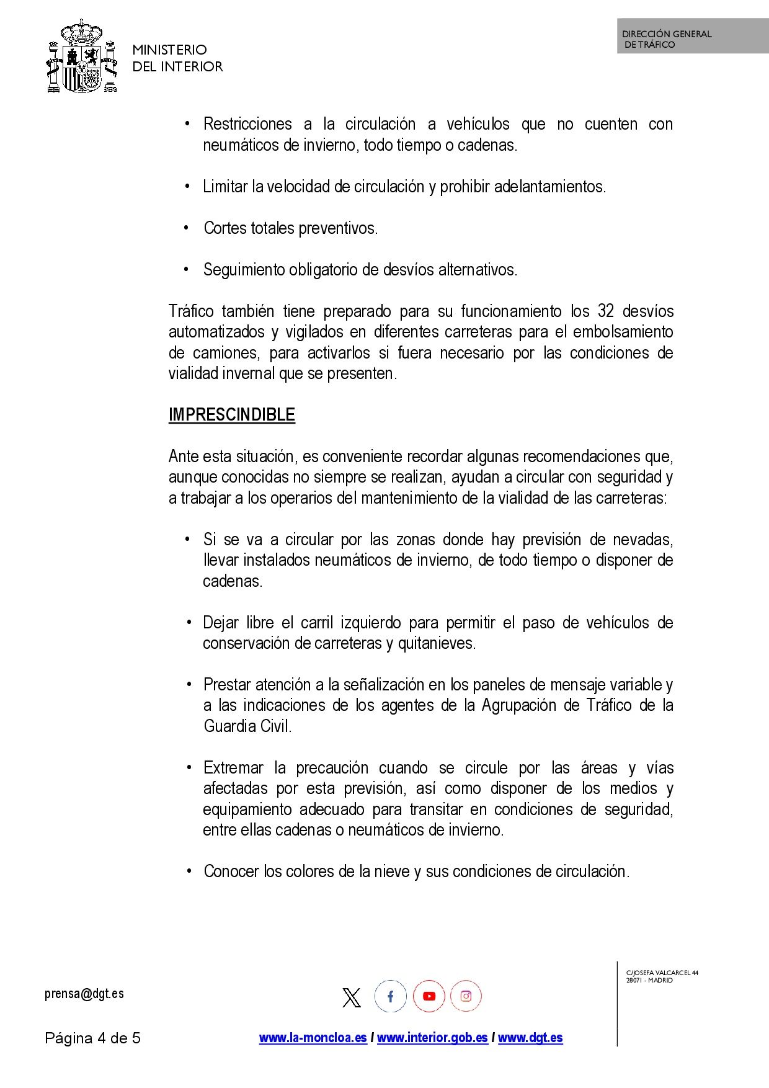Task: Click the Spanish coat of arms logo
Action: click(82, 57)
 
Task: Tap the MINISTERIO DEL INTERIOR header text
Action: click(177, 58)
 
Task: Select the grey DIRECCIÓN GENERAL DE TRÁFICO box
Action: click(692, 37)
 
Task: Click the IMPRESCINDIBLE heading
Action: click(231, 415)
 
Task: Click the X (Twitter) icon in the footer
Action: click(352, 997)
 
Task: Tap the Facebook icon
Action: click(390, 997)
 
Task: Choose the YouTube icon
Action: click(429, 997)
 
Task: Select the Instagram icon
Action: click(466, 997)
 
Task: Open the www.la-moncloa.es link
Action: click(313, 1038)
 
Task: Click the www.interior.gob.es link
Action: click(432, 1038)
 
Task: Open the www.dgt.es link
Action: click(530, 1038)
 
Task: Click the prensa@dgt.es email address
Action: click(84, 994)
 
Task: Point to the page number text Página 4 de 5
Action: click(93, 1038)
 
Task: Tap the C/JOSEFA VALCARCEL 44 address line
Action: click(662, 973)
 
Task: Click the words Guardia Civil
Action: click(247, 726)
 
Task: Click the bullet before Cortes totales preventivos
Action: click(186, 228)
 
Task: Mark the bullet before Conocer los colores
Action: click(189, 871)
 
